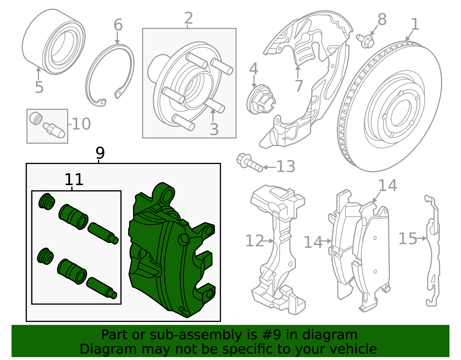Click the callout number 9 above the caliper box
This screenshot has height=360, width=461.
(100, 153)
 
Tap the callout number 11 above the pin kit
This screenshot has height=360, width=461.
(74, 180)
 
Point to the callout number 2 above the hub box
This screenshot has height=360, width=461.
(188, 18)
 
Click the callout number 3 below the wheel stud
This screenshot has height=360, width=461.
(214, 129)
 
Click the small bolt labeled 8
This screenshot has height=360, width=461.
(365, 41)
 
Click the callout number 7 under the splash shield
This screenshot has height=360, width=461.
(299, 86)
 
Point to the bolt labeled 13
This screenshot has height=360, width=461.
(249, 163)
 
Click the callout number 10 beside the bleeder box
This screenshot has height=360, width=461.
(81, 124)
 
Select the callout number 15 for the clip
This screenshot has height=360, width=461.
(407, 239)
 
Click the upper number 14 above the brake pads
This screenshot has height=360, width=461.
(387, 186)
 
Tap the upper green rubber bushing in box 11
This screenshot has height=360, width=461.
(47, 201)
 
